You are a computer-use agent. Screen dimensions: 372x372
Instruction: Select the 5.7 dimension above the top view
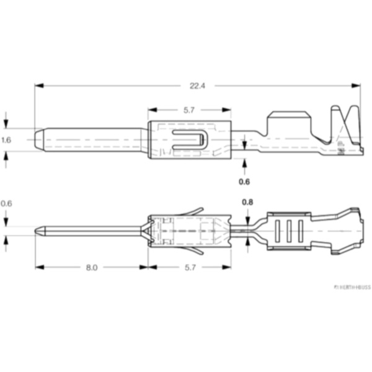point(189,110)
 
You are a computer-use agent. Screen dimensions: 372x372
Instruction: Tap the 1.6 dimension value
point(6,140)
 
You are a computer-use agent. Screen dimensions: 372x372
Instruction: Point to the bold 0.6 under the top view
point(244,182)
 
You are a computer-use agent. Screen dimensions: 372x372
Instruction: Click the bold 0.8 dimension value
point(247,202)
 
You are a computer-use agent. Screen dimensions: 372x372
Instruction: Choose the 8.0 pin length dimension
point(91,268)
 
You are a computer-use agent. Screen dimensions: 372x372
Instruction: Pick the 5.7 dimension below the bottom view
point(189,268)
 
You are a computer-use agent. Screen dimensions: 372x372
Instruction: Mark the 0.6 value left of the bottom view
point(6,203)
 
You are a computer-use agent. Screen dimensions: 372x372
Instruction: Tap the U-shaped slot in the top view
point(188,139)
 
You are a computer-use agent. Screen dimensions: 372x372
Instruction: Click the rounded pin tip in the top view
point(38,140)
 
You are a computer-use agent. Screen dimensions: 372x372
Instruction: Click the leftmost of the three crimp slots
point(277,232)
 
